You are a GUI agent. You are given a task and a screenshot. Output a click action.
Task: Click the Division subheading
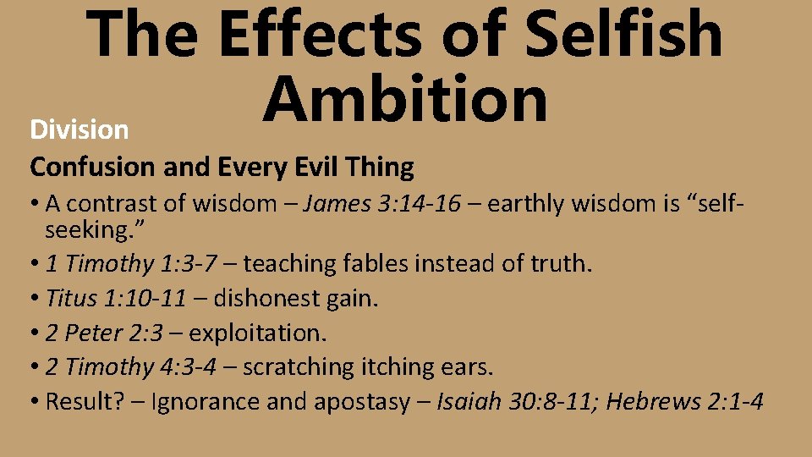click(79, 129)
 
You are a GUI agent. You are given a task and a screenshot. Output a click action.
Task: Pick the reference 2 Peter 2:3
click(107, 333)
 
